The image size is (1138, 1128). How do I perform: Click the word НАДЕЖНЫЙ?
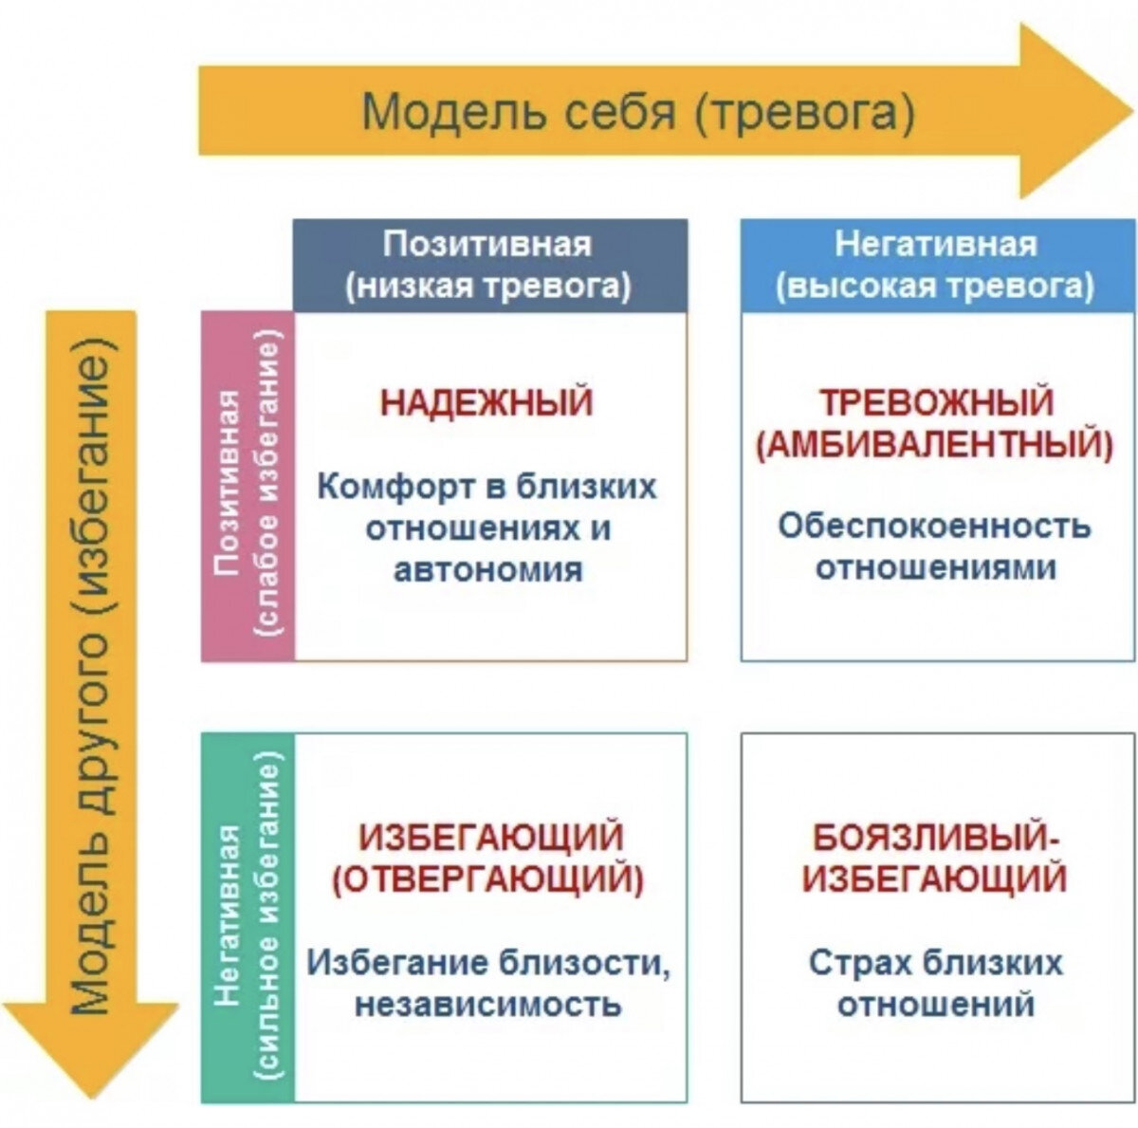tap(486, 403)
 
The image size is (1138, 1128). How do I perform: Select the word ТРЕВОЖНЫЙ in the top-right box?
tap(937, 402)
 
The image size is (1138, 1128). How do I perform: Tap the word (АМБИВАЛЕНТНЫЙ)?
tap(937, 445)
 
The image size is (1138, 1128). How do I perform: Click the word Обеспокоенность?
tap(934, 526)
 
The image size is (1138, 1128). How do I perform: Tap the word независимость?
tap(487, 1004)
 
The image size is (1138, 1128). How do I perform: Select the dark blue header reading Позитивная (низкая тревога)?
tap(490, 266)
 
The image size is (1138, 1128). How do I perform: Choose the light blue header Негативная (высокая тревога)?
tap(938, 266)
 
